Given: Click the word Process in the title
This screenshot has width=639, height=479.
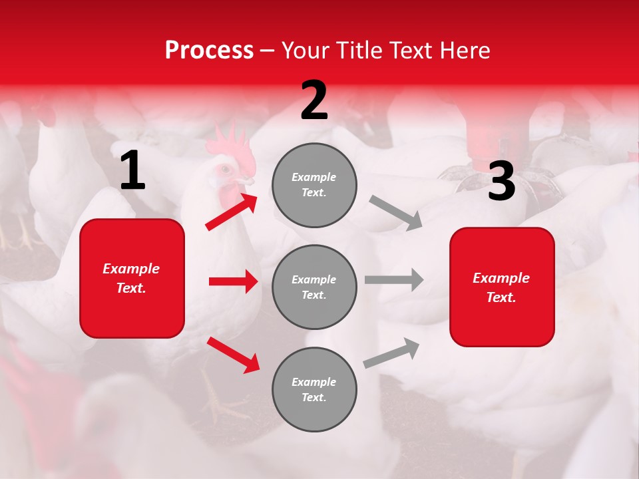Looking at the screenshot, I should [x=209, y=51].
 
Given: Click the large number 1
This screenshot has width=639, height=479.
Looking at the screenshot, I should [x=132, y=172].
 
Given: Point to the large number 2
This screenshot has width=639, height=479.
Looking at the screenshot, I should [x=314, y=100].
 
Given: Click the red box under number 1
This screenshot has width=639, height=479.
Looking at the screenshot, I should [x=132, y=278].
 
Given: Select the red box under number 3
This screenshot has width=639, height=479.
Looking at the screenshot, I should [x=502, y=287].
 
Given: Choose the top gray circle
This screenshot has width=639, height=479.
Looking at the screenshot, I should [x=314, y=185].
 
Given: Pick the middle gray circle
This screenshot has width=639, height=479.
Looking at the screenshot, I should [x=314, y=287].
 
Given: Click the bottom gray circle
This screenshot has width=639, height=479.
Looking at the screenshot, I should [x=314, y=389].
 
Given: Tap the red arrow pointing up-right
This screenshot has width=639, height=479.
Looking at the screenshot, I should [x=232, y=212].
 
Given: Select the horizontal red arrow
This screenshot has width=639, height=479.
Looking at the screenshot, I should [x=233, y=281].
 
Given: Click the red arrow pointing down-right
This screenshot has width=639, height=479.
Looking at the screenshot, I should [x=233, y=355].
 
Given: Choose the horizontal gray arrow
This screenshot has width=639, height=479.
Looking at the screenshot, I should [x=393, y=279].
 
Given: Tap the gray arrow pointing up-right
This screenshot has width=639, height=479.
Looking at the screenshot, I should [x=391, y=353].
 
